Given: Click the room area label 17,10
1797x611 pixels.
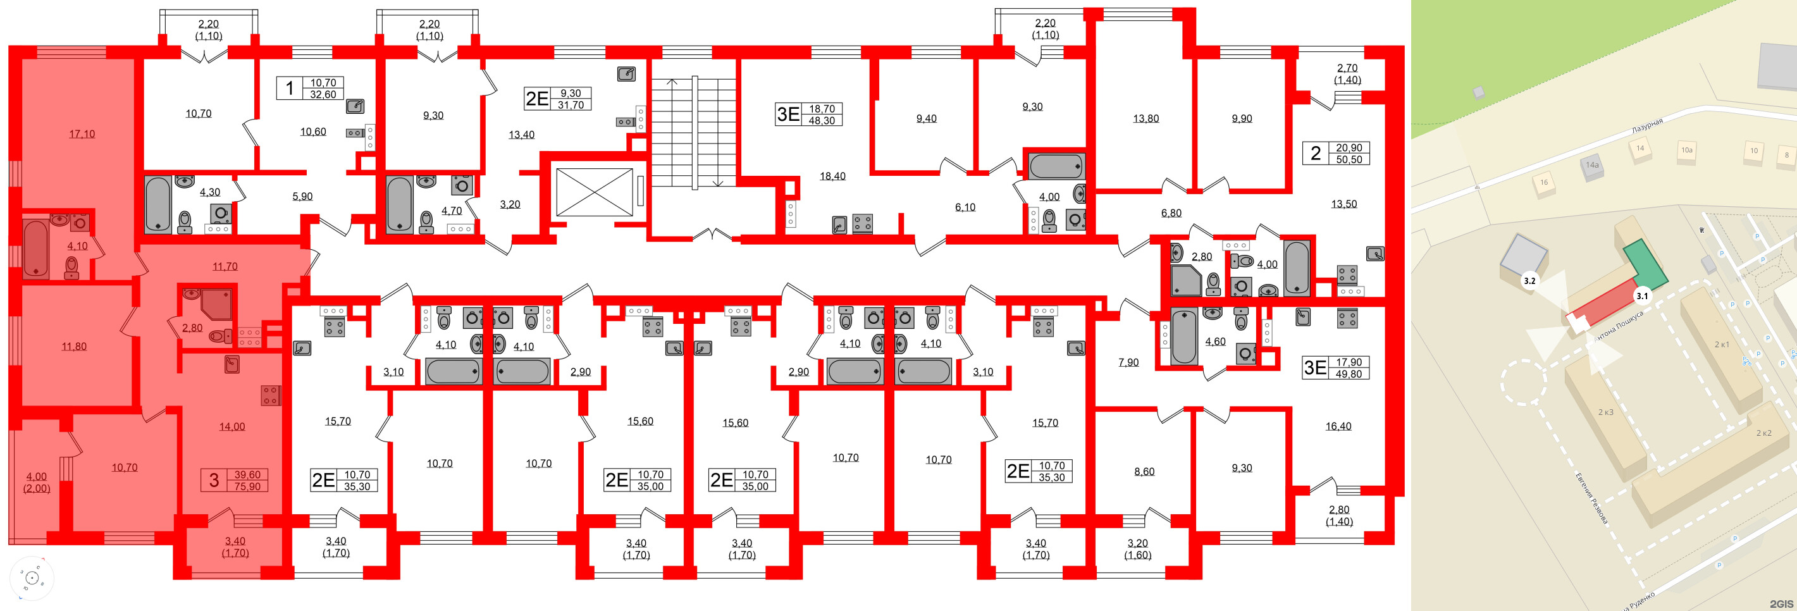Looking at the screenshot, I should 82,134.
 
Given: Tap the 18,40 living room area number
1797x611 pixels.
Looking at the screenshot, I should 832,176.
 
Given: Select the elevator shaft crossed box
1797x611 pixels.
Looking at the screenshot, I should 594,192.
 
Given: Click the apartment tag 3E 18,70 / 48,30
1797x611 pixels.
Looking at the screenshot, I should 809,114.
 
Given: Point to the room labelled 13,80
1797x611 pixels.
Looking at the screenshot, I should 1146,118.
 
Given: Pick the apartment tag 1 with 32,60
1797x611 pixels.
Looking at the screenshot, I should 311,89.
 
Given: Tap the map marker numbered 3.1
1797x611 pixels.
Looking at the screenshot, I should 1642,296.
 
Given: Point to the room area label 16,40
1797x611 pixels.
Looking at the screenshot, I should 1338,426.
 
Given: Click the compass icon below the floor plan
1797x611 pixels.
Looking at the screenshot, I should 32,577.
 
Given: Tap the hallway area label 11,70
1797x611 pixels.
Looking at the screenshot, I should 225,266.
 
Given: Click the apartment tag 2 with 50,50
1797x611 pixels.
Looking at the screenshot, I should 1336,154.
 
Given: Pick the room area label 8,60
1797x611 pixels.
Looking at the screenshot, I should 1144,471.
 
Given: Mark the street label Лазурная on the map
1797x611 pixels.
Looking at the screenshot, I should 1646,127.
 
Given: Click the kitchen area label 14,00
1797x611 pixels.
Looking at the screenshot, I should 232,427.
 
